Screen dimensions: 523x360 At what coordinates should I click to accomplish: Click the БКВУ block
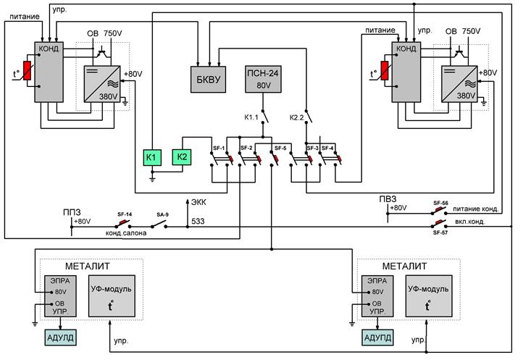point(208,80)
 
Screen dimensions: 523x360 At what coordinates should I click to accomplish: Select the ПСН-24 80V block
point(263,79)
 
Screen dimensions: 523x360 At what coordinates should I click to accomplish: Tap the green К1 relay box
point(152,157)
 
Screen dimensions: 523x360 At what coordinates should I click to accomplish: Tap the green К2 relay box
point(182,156)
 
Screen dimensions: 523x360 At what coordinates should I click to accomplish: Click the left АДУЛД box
point(60,338)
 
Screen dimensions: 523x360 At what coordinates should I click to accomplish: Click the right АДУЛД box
point(377,338)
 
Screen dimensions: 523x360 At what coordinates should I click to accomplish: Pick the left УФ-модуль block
point(112,296)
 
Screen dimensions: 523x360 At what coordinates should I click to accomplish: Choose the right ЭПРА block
point(377,296)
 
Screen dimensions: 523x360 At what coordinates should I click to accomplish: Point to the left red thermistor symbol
point(27,71)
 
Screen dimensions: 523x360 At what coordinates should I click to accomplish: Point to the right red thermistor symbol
point(385,71)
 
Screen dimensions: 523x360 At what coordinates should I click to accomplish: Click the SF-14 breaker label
point(125,214)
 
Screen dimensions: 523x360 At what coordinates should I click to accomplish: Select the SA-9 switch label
point(162,214)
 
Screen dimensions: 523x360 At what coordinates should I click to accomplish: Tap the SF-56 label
point(440,203)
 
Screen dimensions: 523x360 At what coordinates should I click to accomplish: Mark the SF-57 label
point(440,233)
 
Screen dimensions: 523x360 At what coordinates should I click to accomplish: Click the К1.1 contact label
point(251,117)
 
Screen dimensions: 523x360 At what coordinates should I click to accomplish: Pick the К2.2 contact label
point(296,117)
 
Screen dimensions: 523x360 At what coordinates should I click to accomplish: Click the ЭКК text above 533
point(198,202)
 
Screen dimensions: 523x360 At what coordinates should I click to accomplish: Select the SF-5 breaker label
point(280,148)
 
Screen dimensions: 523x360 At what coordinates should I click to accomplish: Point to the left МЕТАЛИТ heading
point(88,267)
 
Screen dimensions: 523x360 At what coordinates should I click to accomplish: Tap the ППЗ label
point(72,212)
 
